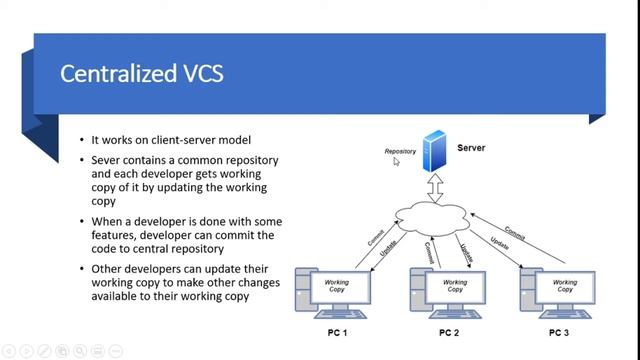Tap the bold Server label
[472, 148]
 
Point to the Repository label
[400, 152]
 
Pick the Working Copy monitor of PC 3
[565, 287]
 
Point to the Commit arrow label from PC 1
[376, 237]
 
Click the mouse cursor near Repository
[397, 161]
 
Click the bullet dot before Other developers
[82, 269]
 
